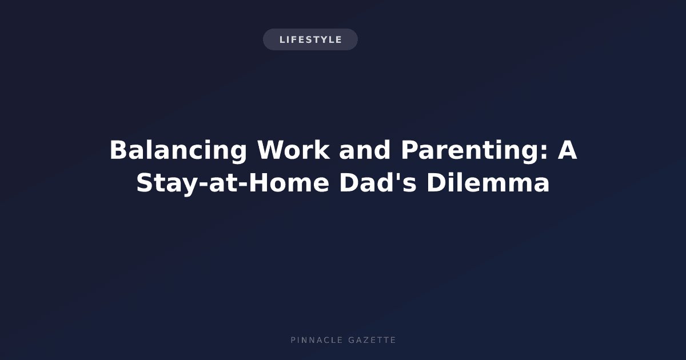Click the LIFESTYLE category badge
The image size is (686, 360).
[310, 39]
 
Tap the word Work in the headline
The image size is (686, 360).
[294, 150]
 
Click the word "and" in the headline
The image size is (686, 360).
[365, 150]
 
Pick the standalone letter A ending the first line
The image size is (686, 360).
[567, 150]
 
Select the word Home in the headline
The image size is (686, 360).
[289, 183]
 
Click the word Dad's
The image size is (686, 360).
[378, 183]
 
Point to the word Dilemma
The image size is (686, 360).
[488, 183]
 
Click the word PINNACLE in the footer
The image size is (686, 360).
[317, 340]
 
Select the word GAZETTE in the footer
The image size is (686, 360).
[372, 340]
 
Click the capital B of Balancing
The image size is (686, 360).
[118, 150]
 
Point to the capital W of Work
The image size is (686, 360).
[271, 150]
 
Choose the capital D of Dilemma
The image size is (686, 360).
[436, 183]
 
